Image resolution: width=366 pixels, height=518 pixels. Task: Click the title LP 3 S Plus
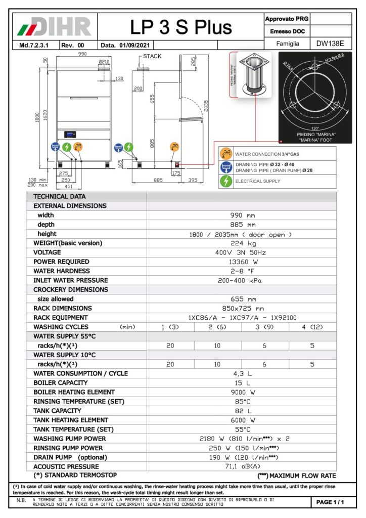pyautogui.click(x=180, y=27)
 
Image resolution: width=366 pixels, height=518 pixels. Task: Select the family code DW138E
pyautogui.click(x=331, y=44)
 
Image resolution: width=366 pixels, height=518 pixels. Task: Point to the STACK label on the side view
pyautogui.click(x=152, y=56)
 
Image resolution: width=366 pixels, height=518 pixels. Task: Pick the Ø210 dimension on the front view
pyautogui.click(x=104, y=62)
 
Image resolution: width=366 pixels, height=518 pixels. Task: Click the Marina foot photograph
pyautogui.click(x=251, y=76)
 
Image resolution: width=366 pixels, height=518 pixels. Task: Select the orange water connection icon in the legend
pyautogui.click(x=226, y=154)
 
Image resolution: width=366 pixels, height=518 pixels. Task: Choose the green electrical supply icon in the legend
pyautogui.click(x=226, y=181)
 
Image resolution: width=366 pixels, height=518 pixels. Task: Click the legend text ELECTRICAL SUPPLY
pyautogui.click(x=258, y=181)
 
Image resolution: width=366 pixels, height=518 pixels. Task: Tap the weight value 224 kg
pyautogui.click(x=241, y=243)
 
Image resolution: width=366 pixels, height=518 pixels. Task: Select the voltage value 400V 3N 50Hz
pyautogui.click(x=241, y=252)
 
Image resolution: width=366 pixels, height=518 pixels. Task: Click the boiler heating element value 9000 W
pyautogui.click(x=241, y=392)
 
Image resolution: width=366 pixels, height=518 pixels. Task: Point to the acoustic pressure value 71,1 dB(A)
pyautogui.click(x=241, y=466)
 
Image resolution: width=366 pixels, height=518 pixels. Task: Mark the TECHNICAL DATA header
pyautogui.click(x=60, y=197)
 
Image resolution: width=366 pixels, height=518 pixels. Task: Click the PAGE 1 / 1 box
pyautogui.click(x=330, y=502)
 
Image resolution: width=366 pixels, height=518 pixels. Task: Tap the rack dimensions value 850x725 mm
pyautogui.click(x=241, y=308)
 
